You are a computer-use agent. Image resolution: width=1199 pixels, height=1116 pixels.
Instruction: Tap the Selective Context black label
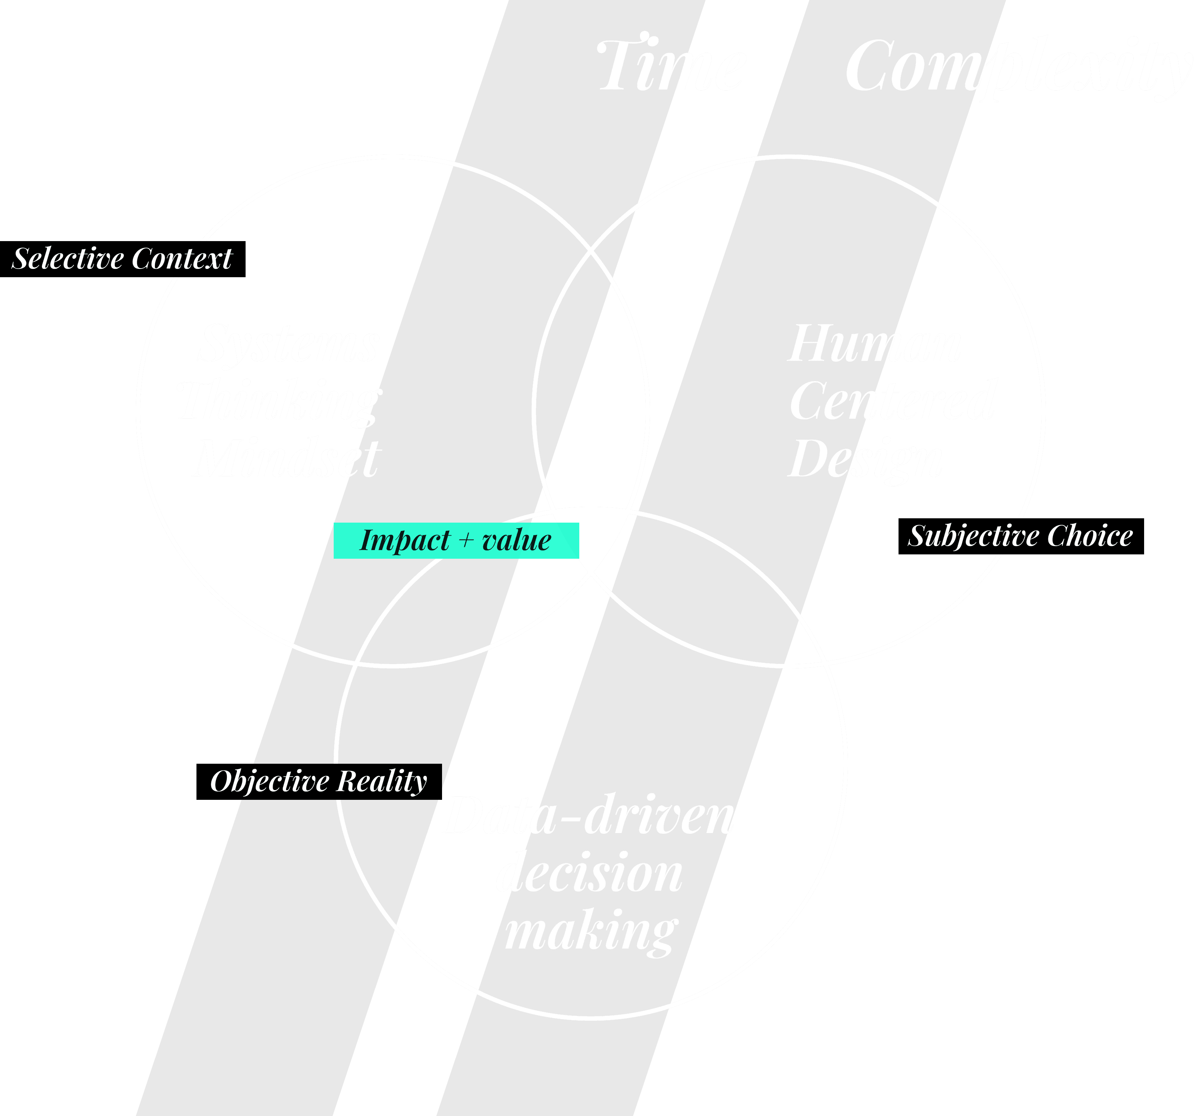coord(122,259)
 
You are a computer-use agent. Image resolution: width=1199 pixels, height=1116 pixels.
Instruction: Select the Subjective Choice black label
coord(1021,536)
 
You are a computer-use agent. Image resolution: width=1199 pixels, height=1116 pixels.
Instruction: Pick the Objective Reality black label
coord(319,781)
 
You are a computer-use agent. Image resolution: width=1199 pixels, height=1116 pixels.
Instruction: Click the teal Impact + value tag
coord(456,540)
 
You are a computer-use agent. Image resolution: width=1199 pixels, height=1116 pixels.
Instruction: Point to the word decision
coord(589,873)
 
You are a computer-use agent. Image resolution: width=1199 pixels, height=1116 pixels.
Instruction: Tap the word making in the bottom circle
coord(591,932)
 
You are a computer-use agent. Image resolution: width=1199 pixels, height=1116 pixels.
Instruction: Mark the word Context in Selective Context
coord(182,259)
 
